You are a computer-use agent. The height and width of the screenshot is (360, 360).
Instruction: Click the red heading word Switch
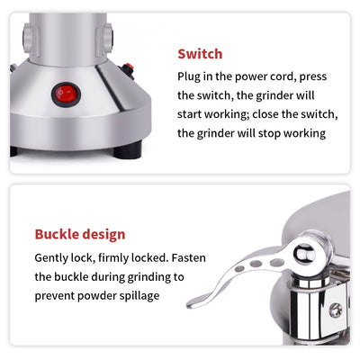[199, 53]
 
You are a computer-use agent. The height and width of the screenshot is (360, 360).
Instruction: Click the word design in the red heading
[103, 235]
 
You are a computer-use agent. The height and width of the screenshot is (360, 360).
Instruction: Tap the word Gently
[55, 258]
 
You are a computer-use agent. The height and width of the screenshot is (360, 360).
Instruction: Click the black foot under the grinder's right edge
[141, 148]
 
